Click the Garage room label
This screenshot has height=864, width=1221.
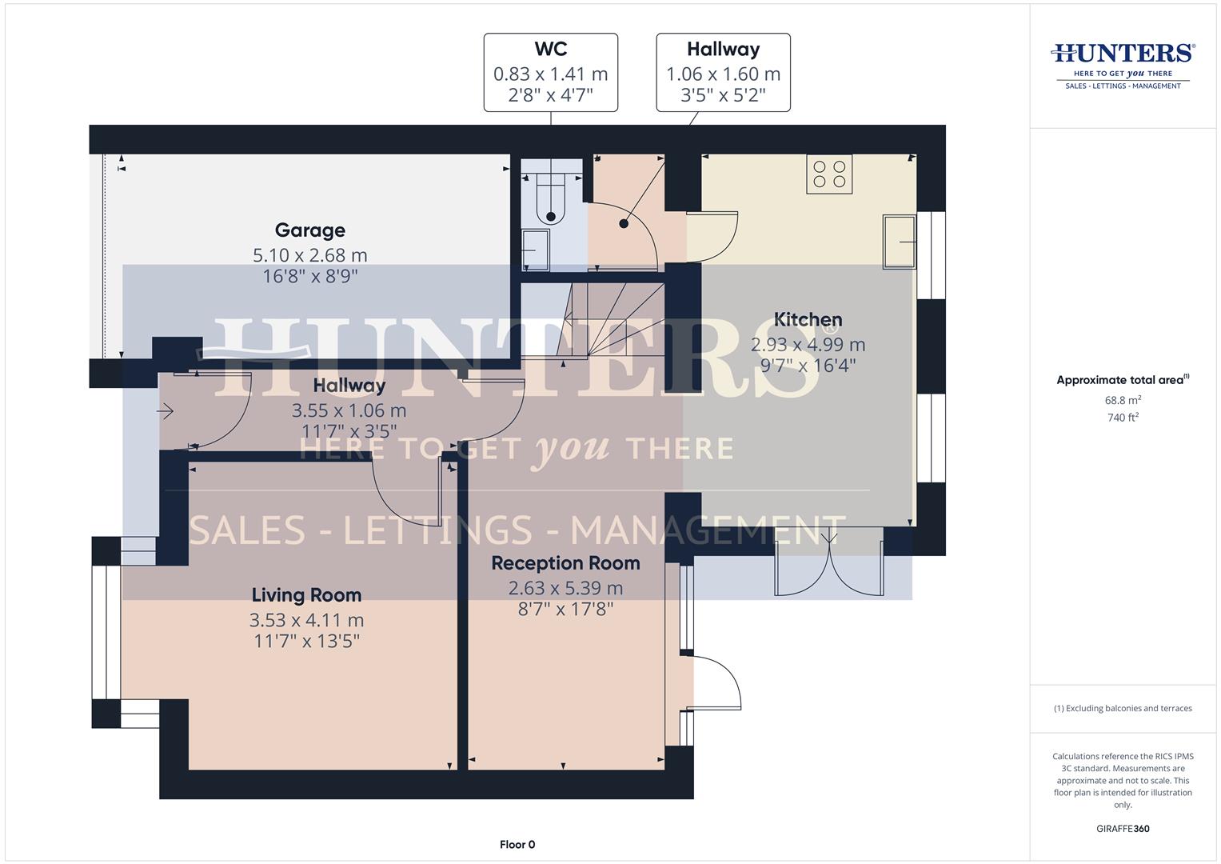tap(309, 230)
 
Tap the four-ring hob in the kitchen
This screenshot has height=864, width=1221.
tap(829, 174)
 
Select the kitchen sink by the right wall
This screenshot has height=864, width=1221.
tap(900, 242)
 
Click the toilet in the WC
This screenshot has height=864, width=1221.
tap(551, 200)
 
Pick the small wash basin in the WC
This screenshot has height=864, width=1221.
tap(535, 250)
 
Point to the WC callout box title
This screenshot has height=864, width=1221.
tap(550, 50)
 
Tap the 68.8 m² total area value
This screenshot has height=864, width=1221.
tap(1123, 399)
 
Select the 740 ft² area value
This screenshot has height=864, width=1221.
tap(1123, 417)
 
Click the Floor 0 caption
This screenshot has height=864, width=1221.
tap(517, 844)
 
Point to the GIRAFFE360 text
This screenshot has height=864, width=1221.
tap(1123, 829)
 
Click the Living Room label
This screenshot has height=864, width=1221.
tap(306, 595)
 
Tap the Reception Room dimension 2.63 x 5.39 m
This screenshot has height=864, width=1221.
tap(565, 588)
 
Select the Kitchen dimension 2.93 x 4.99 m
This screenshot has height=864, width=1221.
tap(808, 345)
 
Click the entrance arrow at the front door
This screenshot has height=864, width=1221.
tap(166, 411)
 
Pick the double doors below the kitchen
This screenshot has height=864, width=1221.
tap(829, 564)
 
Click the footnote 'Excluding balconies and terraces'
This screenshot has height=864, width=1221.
tap(1123, 709)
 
